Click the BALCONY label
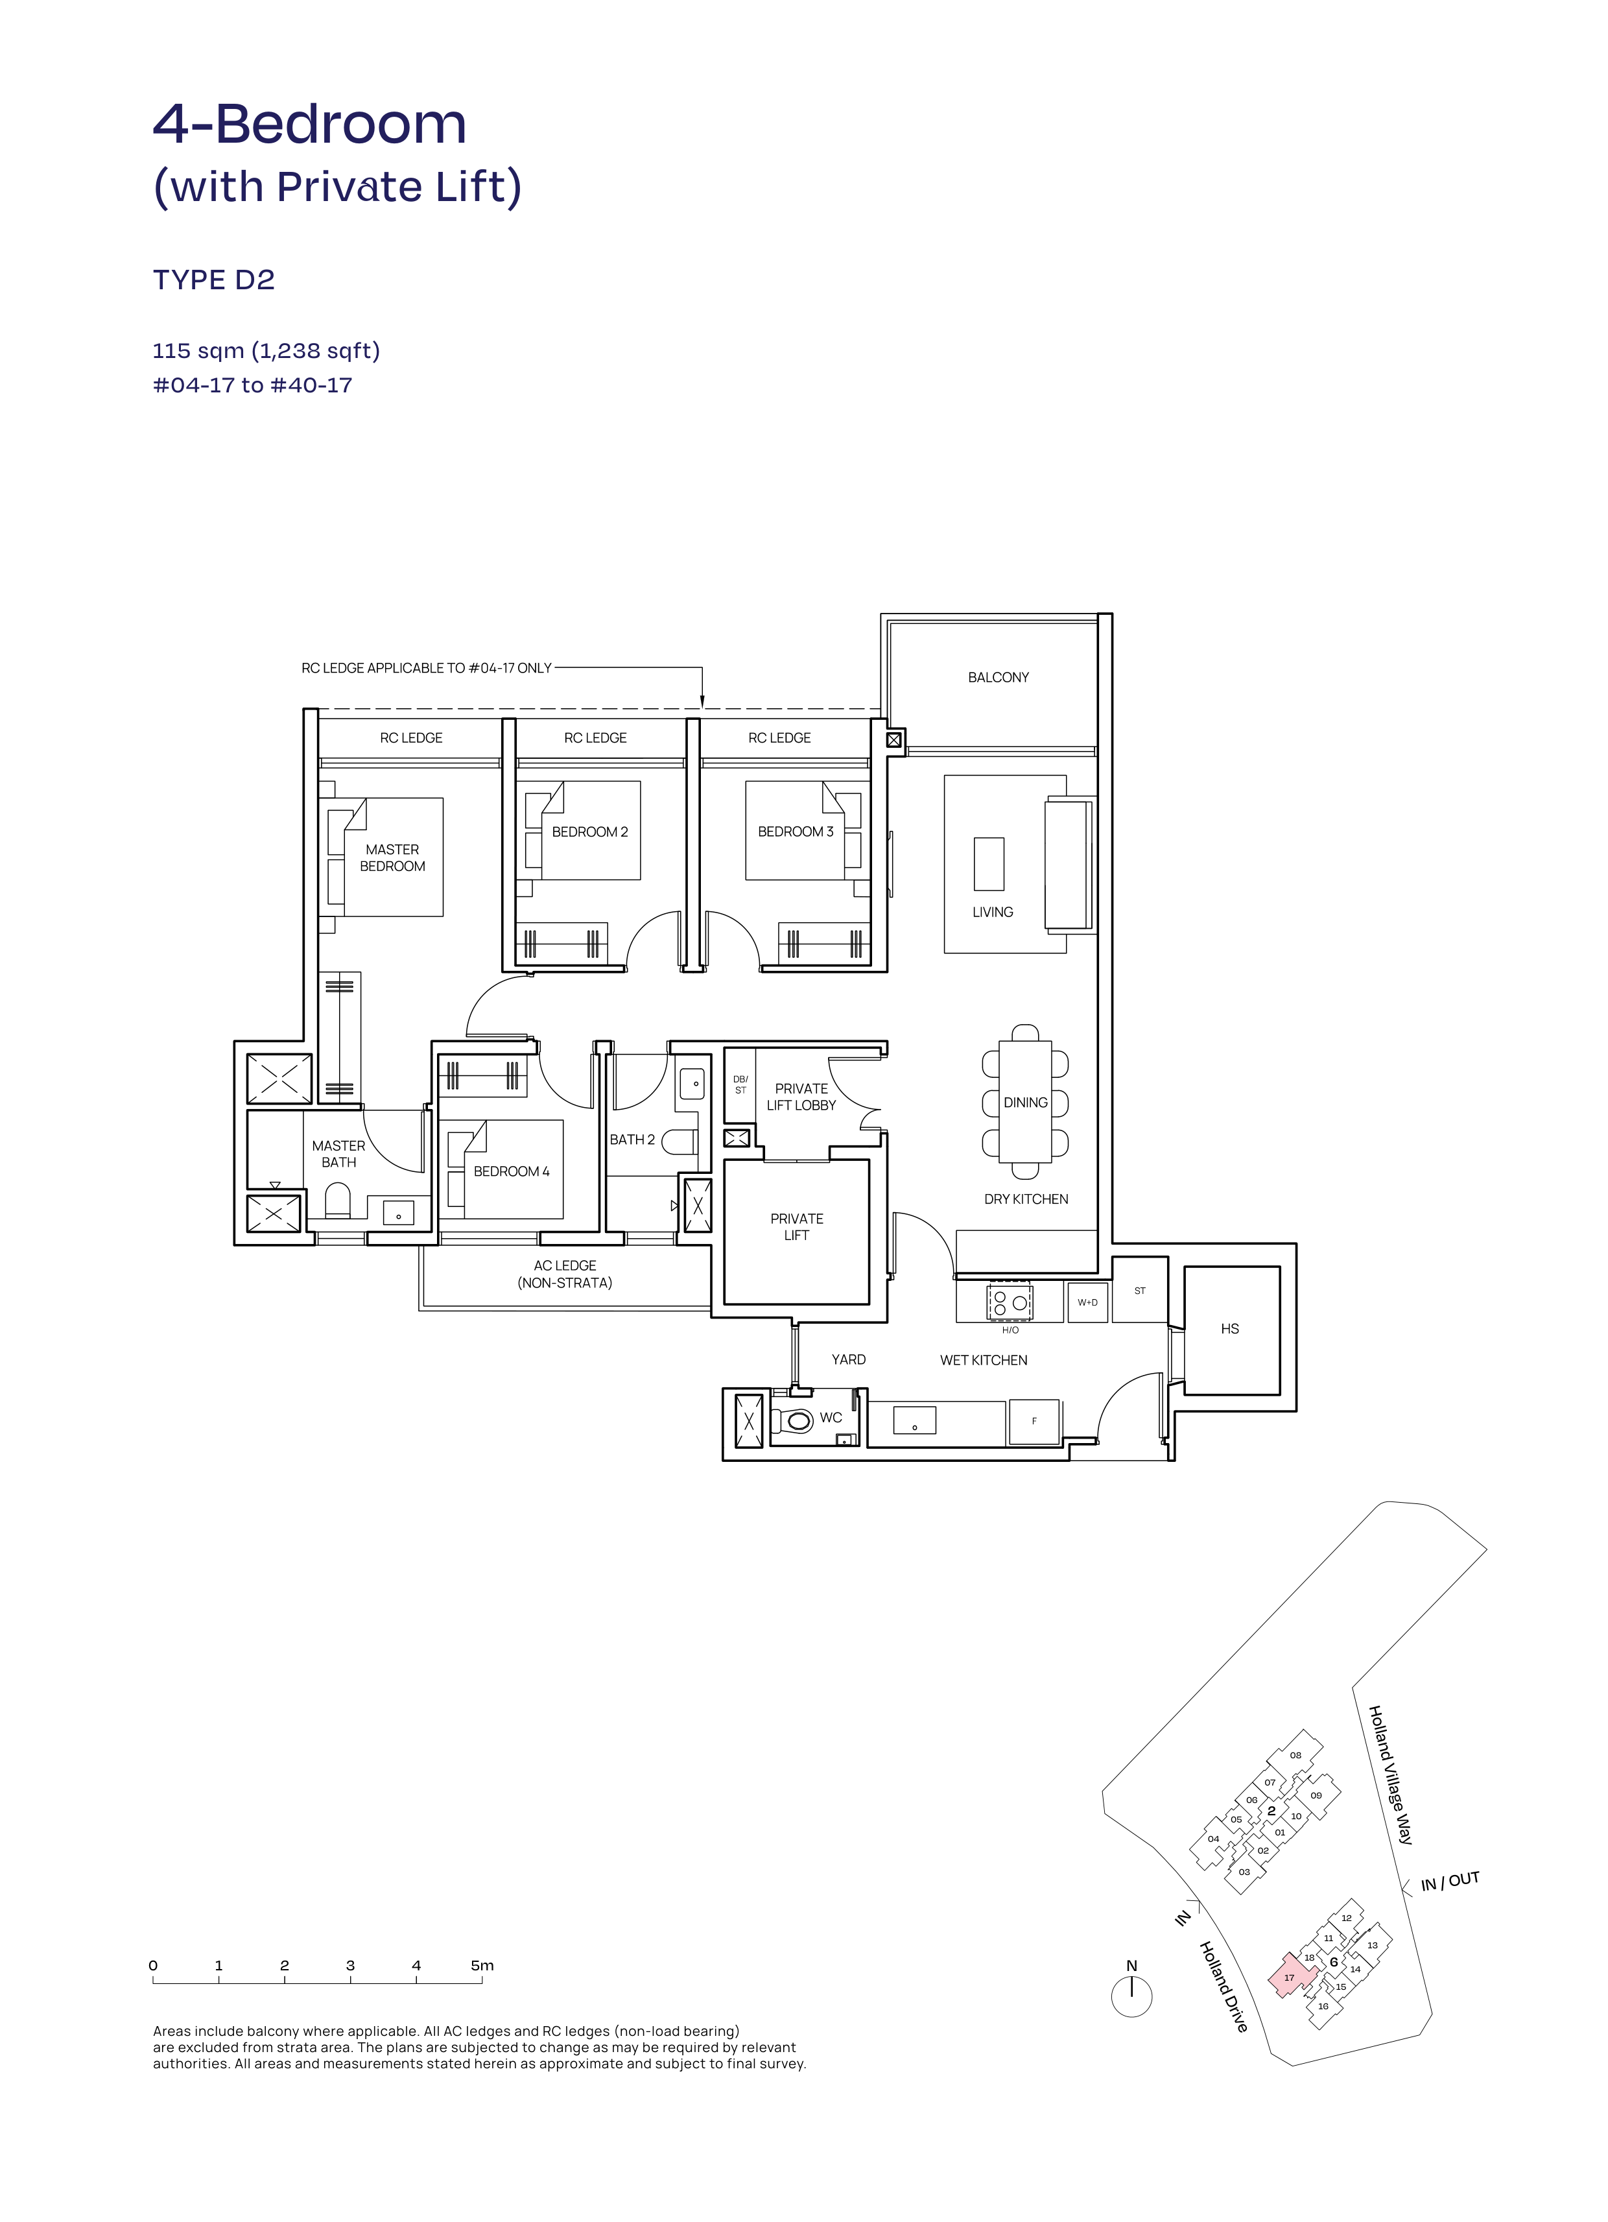998,677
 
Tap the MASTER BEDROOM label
393,858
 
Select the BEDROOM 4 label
511,1172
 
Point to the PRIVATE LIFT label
797,1226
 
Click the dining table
1025,1101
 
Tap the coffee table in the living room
989,863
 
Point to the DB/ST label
740,1084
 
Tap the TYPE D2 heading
213,280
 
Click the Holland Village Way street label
1391,1775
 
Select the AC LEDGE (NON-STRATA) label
565,1274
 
